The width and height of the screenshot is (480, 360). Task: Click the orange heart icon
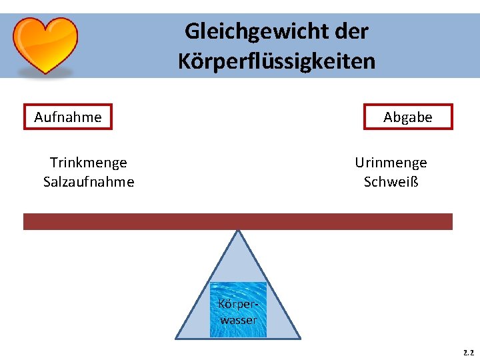pos(46,44)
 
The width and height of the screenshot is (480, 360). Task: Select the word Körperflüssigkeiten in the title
pos(277,61)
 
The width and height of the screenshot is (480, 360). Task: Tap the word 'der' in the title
pos(353,31)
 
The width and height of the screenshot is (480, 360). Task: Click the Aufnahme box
pos(68,117)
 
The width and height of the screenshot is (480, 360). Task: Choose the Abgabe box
pos(408,117)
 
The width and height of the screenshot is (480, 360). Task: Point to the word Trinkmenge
pos(89,163)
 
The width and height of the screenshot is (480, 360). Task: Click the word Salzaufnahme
pos(89,181)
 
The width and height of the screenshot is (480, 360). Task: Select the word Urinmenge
pos(391,163)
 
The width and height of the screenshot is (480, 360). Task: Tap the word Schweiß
pos(391,181)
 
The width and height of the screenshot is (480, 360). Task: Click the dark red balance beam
pos(238,221)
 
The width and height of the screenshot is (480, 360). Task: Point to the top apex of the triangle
pos(238,231)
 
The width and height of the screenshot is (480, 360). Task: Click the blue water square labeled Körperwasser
pos(238,309)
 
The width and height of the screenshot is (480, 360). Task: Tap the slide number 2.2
pos(468,351)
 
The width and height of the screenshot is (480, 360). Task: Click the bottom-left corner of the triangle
pos(177,338)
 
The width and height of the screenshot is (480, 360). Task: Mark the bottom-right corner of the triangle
pos(299,338)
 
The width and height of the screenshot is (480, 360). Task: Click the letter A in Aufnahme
pos(39,117)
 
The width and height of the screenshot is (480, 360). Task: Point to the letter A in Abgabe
pos(388,117)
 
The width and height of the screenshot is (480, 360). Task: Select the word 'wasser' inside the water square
pos(238,320)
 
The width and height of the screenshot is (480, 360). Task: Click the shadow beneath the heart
pos(46,75)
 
